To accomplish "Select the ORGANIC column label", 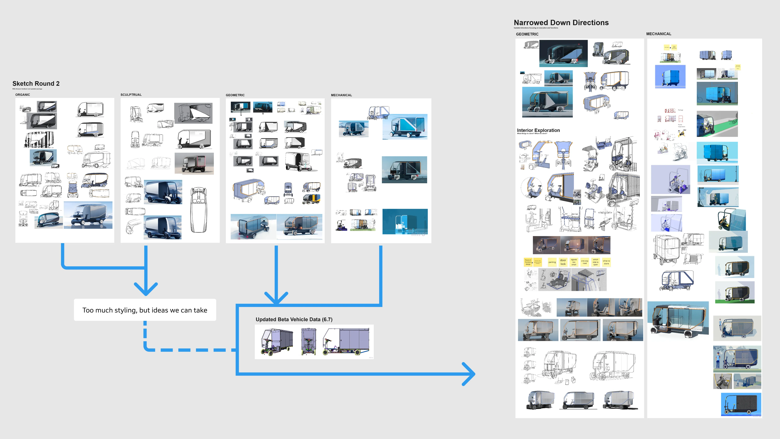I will tap(23, 95).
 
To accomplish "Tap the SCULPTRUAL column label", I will tap(131, 95).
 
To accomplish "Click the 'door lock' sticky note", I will tap(563, 262).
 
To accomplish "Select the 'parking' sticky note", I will tap(552, 262).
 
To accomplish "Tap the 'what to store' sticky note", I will tap(606, 262).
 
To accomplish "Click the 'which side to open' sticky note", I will tap(595, 262).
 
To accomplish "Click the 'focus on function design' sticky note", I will tap(528, 262).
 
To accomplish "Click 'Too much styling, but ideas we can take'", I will tap(145, 310).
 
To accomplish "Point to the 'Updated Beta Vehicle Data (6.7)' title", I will tap(294, 319).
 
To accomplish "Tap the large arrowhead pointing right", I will tap(469, 374).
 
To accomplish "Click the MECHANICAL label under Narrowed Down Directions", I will tap(659, 34).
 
